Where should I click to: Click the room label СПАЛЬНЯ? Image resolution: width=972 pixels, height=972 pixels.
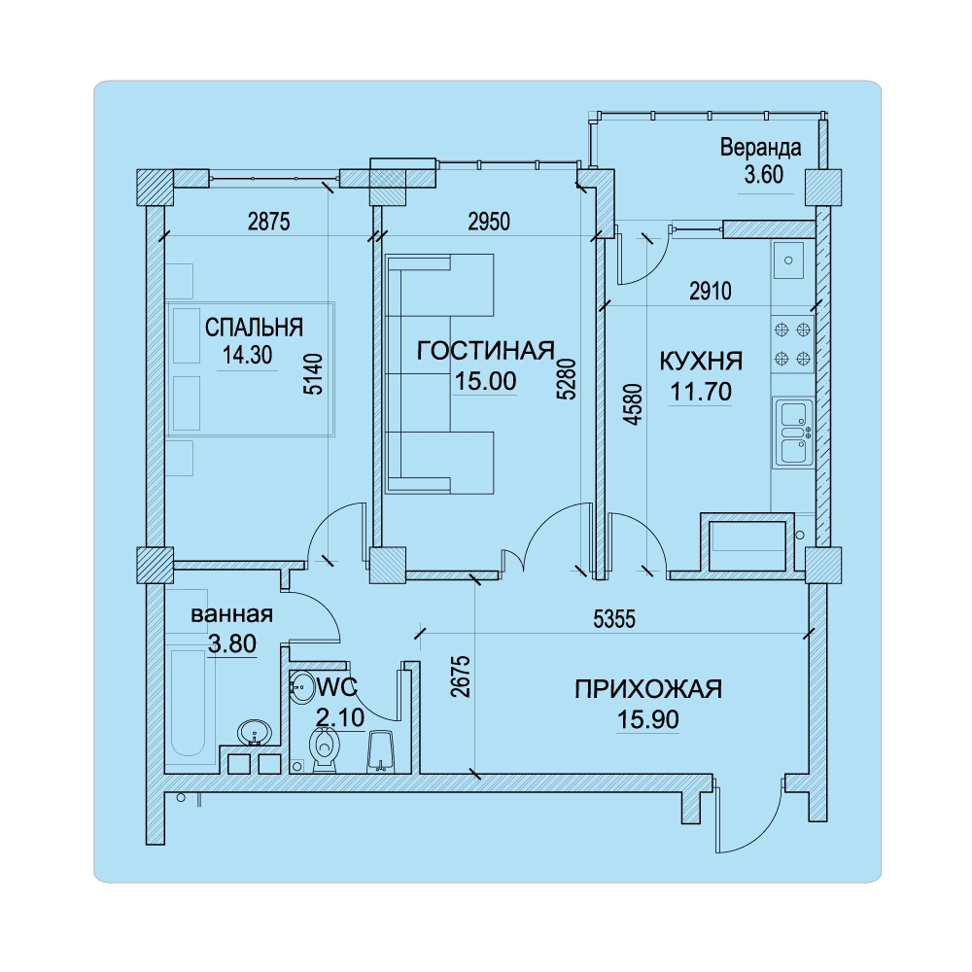click(x=254, y=328)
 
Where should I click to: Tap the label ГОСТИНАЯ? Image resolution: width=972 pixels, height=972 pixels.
click(x=485, y=351)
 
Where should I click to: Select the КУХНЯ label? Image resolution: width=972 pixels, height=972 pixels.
click(x=701, y=361)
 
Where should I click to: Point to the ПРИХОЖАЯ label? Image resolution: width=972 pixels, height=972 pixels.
click(x=648, y=689)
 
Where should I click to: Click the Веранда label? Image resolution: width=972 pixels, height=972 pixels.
click(x=761, y=148)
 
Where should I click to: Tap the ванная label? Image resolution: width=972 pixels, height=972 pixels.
click(x=232, y=614)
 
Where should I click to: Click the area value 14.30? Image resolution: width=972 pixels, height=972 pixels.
click(x=247, y=355)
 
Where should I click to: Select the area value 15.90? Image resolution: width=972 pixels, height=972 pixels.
click(x=647, y=719)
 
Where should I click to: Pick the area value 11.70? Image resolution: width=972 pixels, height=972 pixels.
click(x=701, y=392)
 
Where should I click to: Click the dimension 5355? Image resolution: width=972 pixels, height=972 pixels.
click(x=614, y=619)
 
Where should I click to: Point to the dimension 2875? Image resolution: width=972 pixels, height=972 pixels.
click(x=269, y=222)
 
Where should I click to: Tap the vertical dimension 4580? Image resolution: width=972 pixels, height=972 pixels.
click(x=633, y=404)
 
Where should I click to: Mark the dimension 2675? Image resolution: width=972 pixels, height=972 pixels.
click(x=461, y=677)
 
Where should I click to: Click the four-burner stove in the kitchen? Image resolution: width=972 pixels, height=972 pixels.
click(x=792, y=344)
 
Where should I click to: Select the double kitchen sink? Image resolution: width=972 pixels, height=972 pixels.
click(x=793, y=433)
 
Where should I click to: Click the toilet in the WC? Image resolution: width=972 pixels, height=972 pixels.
click(x=325, y=748)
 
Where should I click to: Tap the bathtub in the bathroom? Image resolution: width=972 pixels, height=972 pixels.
click(x=188, y=703)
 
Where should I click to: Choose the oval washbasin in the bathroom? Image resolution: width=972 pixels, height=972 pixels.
click(x=254, y=732)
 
